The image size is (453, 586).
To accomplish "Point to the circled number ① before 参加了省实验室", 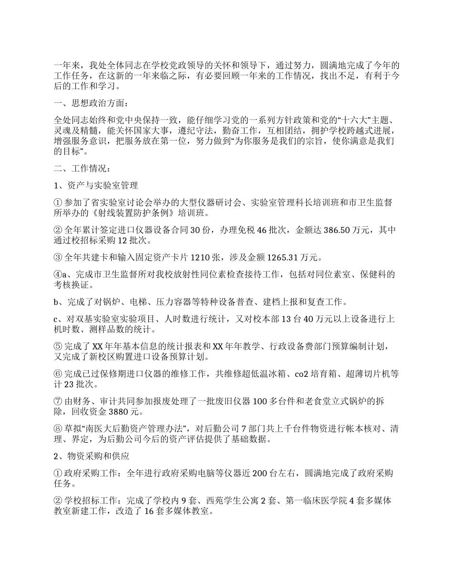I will (x=57, y=203).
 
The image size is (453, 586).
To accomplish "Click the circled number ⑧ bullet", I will (x=57, y=429).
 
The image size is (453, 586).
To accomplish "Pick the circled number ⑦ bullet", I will (x=57, y=402).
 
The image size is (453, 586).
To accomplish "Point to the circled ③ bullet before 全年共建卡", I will (x=57, y=258).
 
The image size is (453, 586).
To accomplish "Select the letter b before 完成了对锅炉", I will (x=56, y=302).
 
